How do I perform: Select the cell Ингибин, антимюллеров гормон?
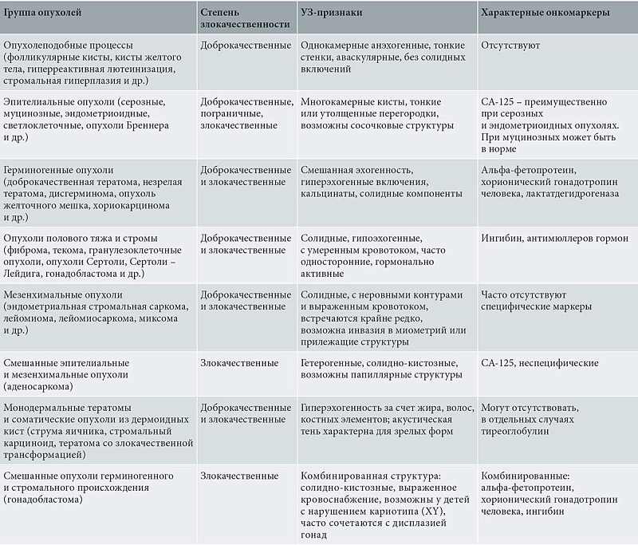[549, 238]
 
